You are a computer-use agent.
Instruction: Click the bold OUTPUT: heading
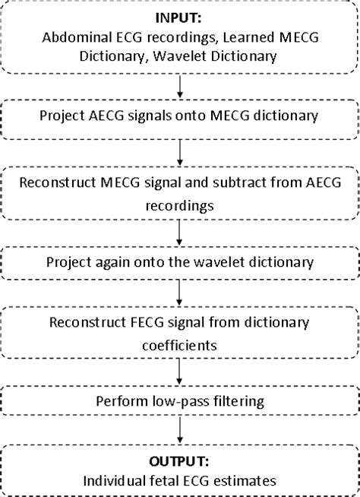click(179, 461)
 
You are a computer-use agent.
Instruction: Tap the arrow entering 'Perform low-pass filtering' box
click(179, 371)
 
